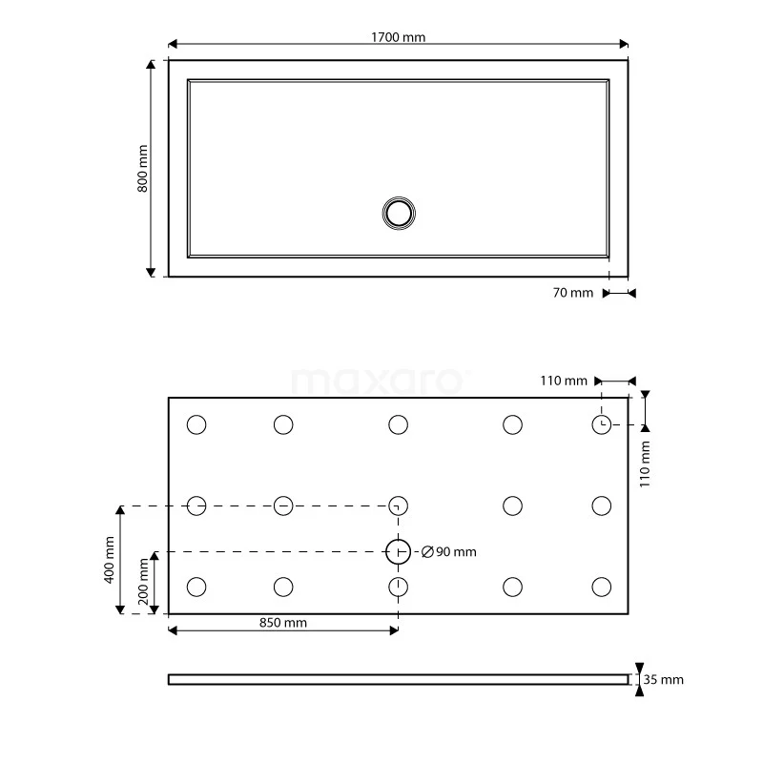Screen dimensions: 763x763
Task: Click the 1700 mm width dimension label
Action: tap(399, 37)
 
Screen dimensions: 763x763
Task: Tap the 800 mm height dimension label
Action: tap(142, 169)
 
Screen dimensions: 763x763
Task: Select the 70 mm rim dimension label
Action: tap(573, 293)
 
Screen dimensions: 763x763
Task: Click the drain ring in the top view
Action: tap(398, 213)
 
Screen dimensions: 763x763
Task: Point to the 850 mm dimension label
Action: tap(282, 624)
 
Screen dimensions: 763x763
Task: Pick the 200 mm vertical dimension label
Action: tap(142, 582)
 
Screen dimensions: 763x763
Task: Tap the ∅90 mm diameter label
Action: tap(448, 552)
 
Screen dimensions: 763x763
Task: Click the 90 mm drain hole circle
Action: tap(398, 551)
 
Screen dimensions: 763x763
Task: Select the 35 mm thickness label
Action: tap(664, 680)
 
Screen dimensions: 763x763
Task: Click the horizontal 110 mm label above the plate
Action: tap(564, 381)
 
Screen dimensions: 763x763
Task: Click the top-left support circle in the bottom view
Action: tap(196, 424)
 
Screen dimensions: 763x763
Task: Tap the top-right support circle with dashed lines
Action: tap(601, 424)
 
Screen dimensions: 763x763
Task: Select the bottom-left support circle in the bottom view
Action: tap(196, 586)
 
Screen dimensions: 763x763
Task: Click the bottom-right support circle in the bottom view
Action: tap(601, 586)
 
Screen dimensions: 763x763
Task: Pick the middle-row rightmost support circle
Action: tap(601, 505)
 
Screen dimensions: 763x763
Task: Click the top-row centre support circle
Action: tap(398, 424)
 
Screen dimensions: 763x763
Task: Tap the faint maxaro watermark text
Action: tap(380, 381)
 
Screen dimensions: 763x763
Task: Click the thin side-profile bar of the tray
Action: tap(398, 679)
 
